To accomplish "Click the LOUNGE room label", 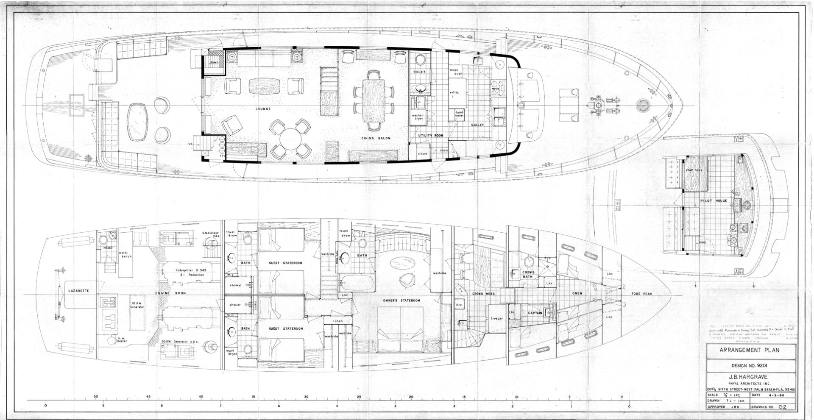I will (x=263, y=109).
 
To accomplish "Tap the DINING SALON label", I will (x=376, y=138).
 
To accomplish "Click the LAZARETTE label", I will (x=78, y=291).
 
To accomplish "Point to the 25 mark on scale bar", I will (x=359, y=397).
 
